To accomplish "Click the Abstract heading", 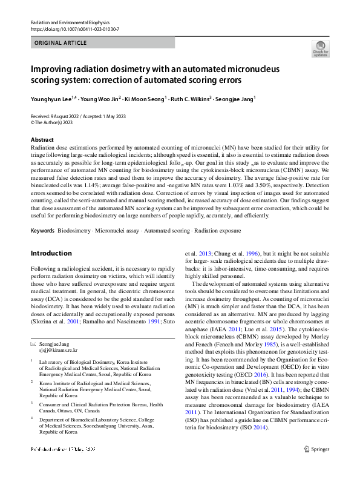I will [42, 139].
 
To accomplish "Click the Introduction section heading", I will [51, 253].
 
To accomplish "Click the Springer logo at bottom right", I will [316, 466].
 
